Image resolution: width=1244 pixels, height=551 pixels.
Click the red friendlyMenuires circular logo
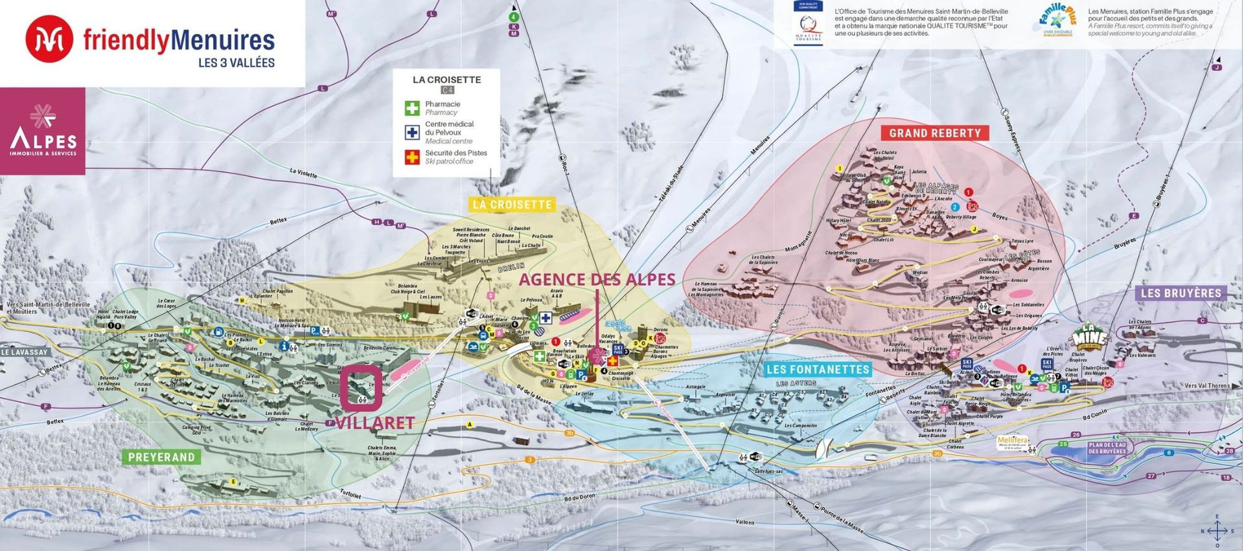click(x=49, y=39)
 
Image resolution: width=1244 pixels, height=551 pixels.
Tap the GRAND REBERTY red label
click(x=934, y=133)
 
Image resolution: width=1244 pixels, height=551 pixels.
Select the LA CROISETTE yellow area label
click(x=512, y=205)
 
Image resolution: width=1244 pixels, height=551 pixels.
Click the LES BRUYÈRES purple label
click(x=1181, y=293)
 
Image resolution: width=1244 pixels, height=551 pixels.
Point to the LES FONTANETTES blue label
click(x=817, y=370)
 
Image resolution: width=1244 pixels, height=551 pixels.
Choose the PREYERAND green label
click(x=161, y=457)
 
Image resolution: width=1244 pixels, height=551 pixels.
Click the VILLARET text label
click(x=374, y=423)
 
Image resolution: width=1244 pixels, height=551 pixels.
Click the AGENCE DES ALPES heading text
click(x=597, y=280)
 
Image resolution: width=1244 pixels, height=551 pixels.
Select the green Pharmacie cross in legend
click(x=412, y=108)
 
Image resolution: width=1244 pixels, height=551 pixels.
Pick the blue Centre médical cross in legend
click(x=412, y=132)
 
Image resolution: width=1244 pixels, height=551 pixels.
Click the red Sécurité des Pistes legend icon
click(x=412, y=157)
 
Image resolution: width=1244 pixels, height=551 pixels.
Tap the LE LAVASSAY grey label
click(x=25, y=352)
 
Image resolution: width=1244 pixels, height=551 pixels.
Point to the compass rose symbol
click(x=1217, y=531)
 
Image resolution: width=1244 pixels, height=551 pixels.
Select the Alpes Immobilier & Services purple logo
click(x=43, y=131)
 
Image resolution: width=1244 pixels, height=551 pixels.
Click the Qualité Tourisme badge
click(x=808, y=23)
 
